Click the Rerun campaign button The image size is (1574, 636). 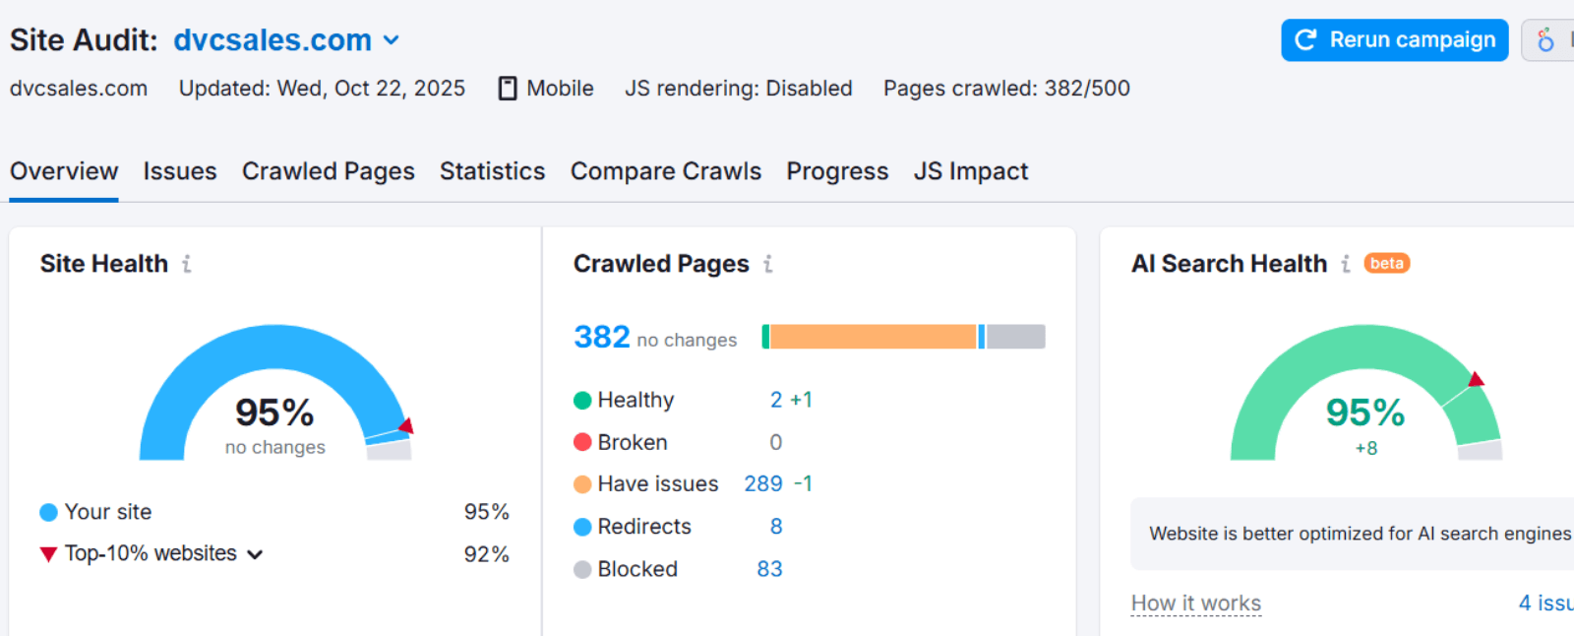[x=1394, y=40]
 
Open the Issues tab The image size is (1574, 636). [x=180, y=171]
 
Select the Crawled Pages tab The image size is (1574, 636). [x=329, y=171]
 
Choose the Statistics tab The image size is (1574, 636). [x=492, y=171]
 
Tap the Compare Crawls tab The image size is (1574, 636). [x=666, y=171]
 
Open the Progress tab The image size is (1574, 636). [x=837, y=171]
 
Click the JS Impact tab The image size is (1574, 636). [x=971, y=171]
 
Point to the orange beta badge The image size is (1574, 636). [x=1386, y=264]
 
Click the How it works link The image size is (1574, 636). [x=1196, y=604]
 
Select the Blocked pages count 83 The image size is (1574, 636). [x=769, y=569]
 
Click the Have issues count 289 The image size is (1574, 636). [x=763, y=484]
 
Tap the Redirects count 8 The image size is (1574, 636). [x=776, y=527]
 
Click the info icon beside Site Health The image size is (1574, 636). [x=186, y=264]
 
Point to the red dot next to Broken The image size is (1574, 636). [x=582, y=442]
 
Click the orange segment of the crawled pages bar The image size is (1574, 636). [x=873, y=337]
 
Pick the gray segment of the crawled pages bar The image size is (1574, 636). [x=1015, y=337]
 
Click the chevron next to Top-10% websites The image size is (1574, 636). [x=255, y=554]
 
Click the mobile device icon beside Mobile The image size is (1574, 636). [x=508, y=89]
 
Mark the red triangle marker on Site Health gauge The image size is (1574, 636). [x=406, y=426]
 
